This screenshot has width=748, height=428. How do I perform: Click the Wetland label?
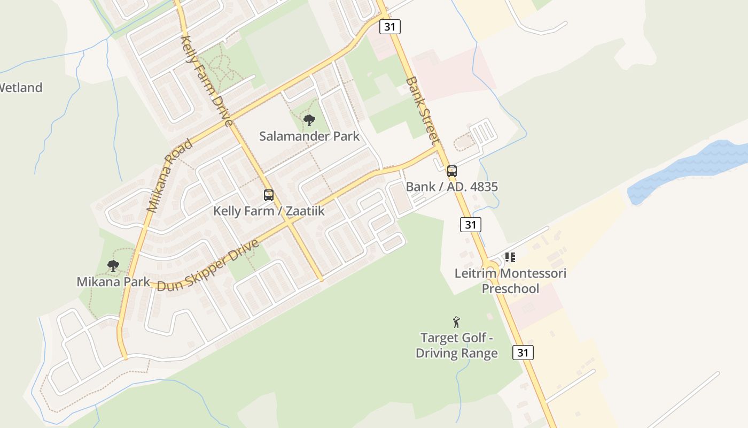[x=20, y=88]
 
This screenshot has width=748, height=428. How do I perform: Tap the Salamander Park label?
[x=309, y=136]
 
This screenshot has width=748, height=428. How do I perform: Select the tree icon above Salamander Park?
[x=309, y=120]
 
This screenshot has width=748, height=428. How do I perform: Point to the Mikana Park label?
[x=113, y=281]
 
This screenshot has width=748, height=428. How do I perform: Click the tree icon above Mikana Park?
[x=113, y=265]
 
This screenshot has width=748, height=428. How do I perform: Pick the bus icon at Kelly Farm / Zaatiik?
[x=269, y=195]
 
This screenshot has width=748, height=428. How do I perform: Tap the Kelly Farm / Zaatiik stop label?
[x=269, y=211]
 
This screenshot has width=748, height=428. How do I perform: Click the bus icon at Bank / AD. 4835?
[x=452, y=171]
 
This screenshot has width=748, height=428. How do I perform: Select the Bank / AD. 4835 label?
[x=452, y=187]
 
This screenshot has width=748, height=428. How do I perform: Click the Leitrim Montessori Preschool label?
[x=510, y=281]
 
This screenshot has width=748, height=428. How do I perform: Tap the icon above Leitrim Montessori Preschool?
[x=510, y=257]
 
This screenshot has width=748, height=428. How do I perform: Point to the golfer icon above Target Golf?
[x=456, y=322]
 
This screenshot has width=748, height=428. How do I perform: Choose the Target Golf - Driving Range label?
[x=457, y=346]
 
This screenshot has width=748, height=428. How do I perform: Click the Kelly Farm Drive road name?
[x=207, y=80]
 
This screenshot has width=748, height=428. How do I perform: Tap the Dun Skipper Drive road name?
[x=208, y=265]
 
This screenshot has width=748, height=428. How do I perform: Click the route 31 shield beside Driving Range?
[x=523, y=352]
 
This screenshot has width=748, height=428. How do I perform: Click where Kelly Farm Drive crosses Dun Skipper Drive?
[x=289, y=224]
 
